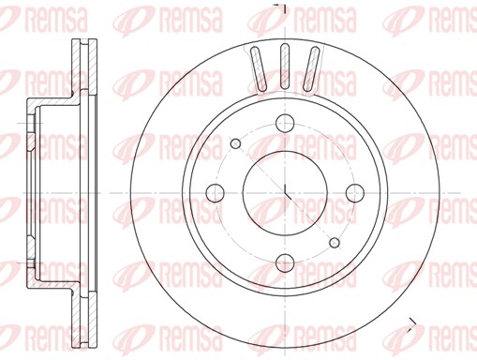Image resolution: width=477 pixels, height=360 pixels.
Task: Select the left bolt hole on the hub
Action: (216, 193)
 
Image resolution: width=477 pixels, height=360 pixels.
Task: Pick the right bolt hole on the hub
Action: (353, 192)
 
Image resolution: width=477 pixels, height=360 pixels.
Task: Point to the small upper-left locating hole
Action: (235, 143)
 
